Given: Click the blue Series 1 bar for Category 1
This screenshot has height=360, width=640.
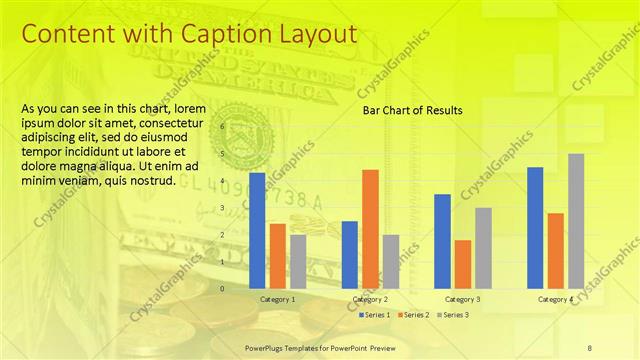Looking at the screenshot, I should point(257,231).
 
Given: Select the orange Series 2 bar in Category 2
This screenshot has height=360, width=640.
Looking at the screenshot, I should point(370,229).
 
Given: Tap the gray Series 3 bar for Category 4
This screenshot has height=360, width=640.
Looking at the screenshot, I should point(576,221).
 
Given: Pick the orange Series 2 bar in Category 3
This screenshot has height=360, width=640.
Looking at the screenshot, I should point(462,264).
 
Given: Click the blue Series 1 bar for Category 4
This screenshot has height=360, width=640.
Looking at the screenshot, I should point(535,228).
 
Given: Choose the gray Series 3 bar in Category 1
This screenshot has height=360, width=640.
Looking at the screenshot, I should point(298,261).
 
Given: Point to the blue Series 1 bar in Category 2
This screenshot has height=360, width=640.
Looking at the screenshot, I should point(350,255).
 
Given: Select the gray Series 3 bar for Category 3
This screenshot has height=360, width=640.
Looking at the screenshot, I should point(483,248).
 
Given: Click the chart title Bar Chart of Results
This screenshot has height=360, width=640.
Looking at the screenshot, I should point(412,110).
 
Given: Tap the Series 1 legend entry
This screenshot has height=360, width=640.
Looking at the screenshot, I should point(375,315).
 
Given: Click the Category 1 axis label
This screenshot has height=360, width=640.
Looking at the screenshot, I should point(277,299).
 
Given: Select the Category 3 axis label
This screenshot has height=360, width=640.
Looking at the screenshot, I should point(462,299).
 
